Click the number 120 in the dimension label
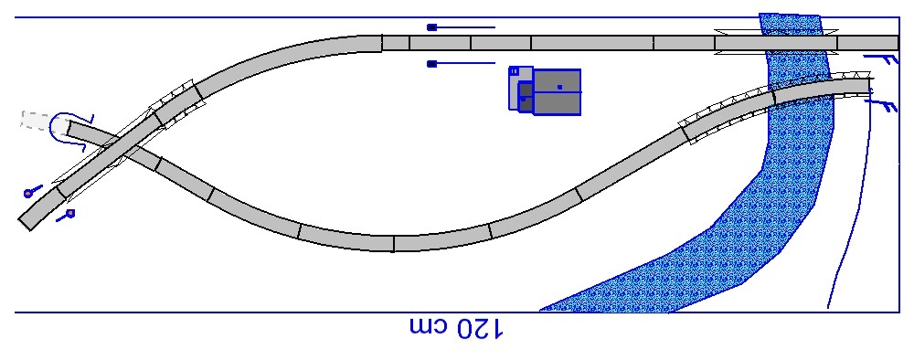[479, 329]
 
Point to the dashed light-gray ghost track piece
[37, 120]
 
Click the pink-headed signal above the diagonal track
[32, 191]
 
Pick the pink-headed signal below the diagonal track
[66, 216]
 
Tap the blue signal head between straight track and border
[431, 27]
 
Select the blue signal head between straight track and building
[431, 64]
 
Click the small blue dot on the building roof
[559, 87]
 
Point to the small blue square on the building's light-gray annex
[514, 71]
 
